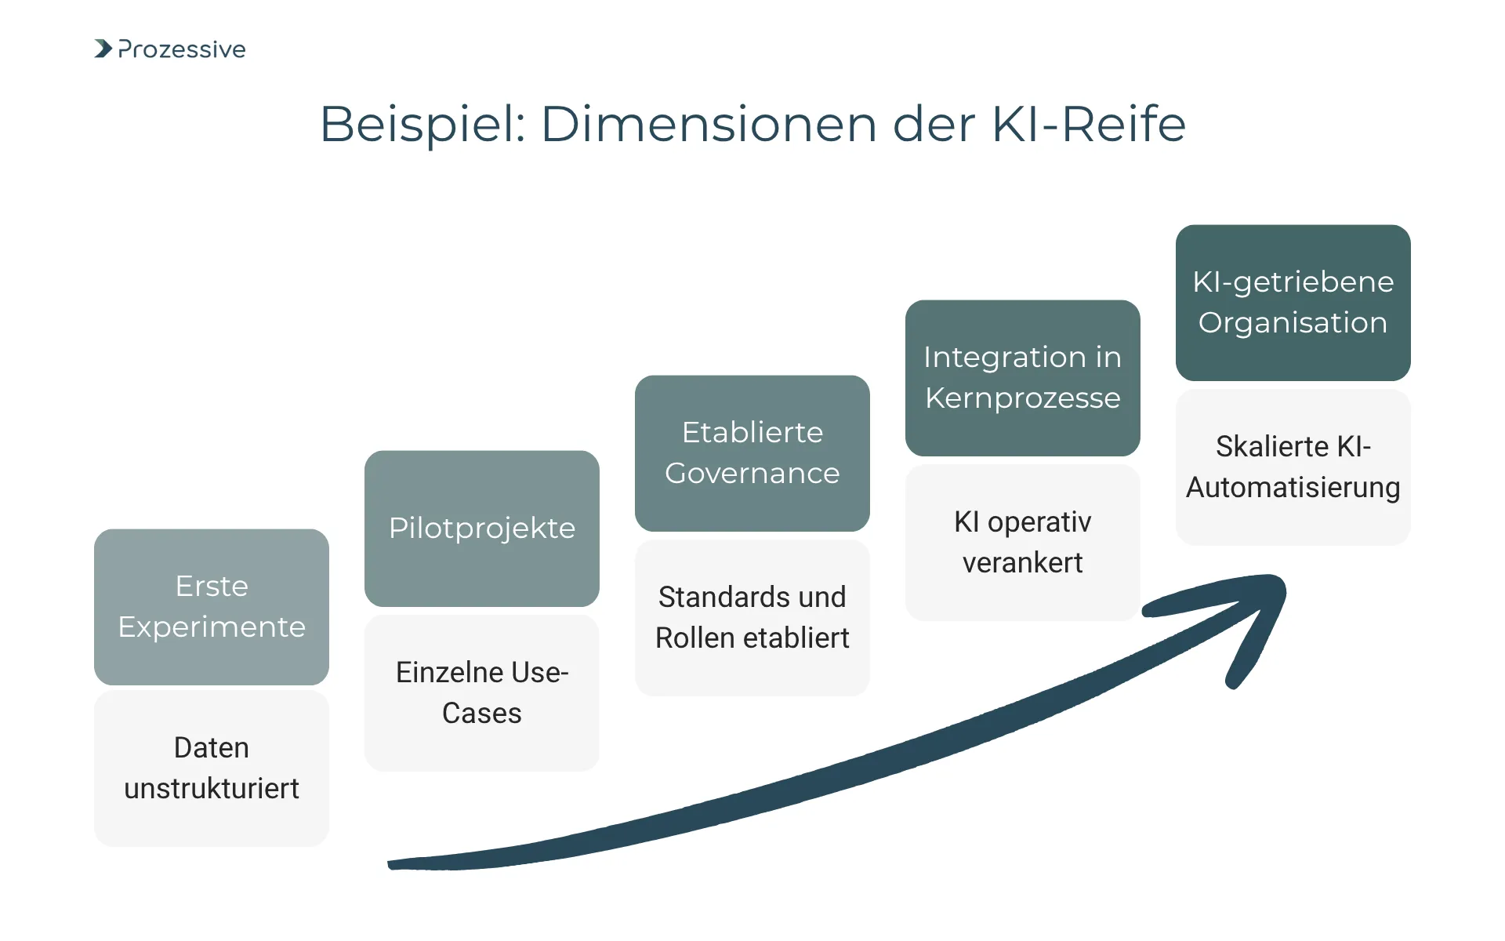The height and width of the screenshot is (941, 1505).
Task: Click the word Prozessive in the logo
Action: pos(182,49)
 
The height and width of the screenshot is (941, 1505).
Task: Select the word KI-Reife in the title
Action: pos(1089,124)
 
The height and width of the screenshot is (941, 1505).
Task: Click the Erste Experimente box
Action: pos(212,606)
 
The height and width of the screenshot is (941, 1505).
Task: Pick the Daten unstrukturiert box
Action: pos(212,768)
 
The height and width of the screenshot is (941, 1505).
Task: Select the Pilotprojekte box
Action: pos(481,528)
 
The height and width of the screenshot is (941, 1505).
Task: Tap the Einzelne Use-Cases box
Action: pos(481,692)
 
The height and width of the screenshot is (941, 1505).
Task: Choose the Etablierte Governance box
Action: pos(752,452)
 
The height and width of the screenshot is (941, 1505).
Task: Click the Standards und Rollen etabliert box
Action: pos(752,617)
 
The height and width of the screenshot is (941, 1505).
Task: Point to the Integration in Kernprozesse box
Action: pos(1022,377)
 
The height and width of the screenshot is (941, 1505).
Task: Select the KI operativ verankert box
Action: pos(1022,542)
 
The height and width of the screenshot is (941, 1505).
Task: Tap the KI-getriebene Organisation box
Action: pos(1293,302)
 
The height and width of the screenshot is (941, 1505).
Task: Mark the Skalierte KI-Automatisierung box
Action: pos(1293,467)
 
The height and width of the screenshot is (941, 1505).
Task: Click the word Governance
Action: pos(752,474)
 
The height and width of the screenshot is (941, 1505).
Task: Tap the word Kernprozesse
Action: pos(1022,398)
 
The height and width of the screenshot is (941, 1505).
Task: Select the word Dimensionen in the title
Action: pos(709,124)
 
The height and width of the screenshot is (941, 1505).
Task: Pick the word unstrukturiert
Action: pos(212,789)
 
